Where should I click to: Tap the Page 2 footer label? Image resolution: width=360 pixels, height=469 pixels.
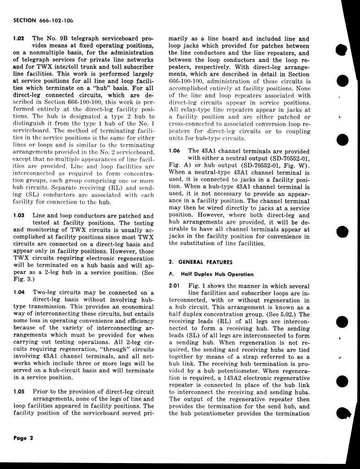[23, 437]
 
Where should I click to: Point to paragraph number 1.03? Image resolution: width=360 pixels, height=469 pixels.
[19, 216]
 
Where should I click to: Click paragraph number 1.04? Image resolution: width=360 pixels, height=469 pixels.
[19, 293]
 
